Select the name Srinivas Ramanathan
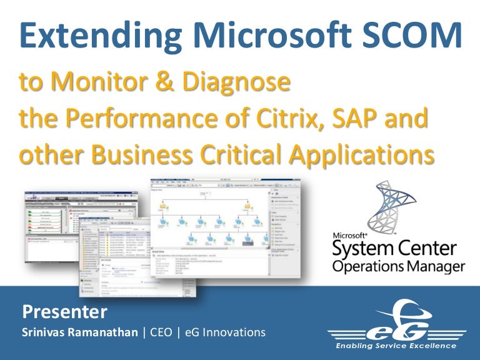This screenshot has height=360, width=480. [79, 332]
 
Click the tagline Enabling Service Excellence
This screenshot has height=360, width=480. [396, 346]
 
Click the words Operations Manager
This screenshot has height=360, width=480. [399, 267]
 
